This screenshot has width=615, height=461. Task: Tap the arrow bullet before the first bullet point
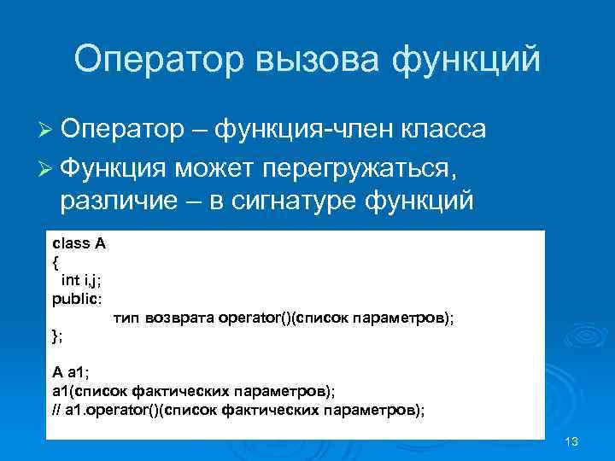click(47, 130)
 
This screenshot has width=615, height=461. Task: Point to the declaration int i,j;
click(84, 279)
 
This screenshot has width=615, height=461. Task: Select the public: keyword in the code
click(77, 298)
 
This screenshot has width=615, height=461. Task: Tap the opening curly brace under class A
click(56, 261)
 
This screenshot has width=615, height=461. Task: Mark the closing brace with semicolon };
click(57, 336)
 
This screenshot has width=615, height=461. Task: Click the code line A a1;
click(72, 373)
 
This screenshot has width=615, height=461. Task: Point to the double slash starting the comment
click(56, 410)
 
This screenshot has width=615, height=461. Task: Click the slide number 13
click(571, 441)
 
